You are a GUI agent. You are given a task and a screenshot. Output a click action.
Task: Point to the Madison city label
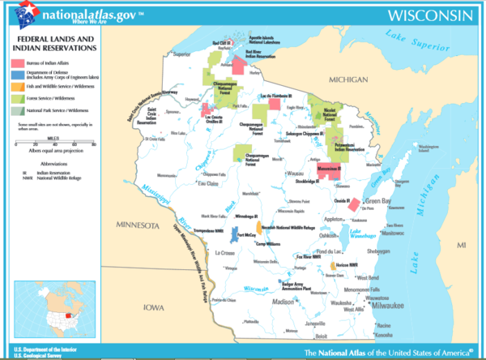pyautogui.click(x=282, y=301)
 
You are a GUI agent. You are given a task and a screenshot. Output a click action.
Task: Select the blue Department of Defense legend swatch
pyautogui.click(x=16, y=77)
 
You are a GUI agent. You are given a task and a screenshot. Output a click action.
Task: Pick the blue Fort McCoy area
pyautogui.click(x=238, y=237)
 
